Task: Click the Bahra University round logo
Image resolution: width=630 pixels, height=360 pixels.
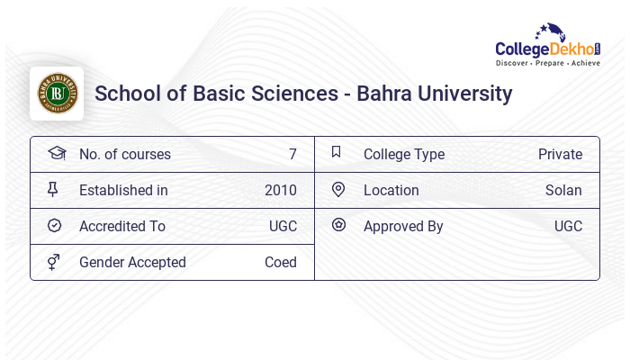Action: [57, 94]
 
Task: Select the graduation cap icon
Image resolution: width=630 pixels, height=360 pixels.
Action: [56, 153]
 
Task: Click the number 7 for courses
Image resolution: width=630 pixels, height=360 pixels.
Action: [292, 155]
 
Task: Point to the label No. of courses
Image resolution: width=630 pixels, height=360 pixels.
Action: [124, 155]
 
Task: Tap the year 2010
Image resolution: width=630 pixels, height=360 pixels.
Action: [281, 191]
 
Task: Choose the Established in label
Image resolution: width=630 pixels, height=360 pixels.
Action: [123, 191]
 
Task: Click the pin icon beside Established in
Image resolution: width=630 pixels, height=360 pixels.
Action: [53, 190]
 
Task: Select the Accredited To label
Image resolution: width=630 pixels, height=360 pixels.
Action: [122, 227]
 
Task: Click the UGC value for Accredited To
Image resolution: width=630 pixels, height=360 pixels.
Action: [283, 227]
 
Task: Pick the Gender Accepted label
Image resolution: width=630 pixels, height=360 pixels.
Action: [132, 263]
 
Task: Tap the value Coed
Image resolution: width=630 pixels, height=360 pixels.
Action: [281, 263]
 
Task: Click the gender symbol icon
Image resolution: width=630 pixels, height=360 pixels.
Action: [54, 262]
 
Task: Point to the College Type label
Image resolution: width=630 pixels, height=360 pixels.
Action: [404, 155]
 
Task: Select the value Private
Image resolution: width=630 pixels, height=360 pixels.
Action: [560, 155]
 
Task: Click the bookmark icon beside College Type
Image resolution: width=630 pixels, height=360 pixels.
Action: [337, 152]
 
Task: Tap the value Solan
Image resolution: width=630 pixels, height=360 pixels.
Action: [563, 191]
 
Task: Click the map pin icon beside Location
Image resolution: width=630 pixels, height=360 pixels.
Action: [338, 190]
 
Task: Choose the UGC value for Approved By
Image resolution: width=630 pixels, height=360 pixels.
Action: [568, 227]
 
